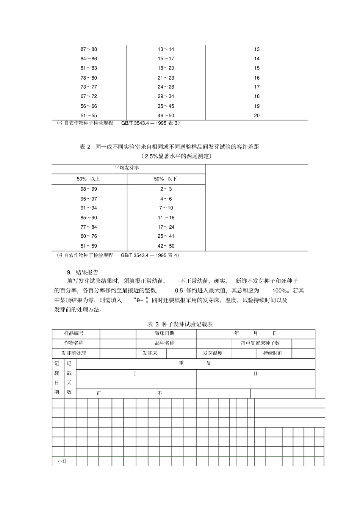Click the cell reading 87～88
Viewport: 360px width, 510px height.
(x=89, y=49)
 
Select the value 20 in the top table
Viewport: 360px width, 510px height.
(x=257, y=116)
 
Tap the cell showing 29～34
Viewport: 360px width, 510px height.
(x=166, y=96)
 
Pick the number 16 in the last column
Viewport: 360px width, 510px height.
(x=257, y=78)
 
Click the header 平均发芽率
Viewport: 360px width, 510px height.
(x=127, y=168)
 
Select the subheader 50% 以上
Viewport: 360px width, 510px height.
(x=88, y=179)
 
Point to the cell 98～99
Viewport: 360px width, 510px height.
(x=89, y=189)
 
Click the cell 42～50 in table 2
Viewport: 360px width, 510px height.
(x=166, y=246)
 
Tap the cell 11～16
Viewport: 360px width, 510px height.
(x=166, y=218)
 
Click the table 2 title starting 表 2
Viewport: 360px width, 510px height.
(x=169, y=147)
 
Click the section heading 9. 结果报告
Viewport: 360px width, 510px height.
(x=83, y=272)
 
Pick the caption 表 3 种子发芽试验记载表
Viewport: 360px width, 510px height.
(x=180, y=324)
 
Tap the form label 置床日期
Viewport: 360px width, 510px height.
(x=164, y=333)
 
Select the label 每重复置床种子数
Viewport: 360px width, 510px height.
(x=260, y=343)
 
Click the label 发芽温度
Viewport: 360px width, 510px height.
(x=213, y=353)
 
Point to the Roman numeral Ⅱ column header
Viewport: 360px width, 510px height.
(x=255, y=373)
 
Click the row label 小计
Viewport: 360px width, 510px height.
(x=62, y=461)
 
